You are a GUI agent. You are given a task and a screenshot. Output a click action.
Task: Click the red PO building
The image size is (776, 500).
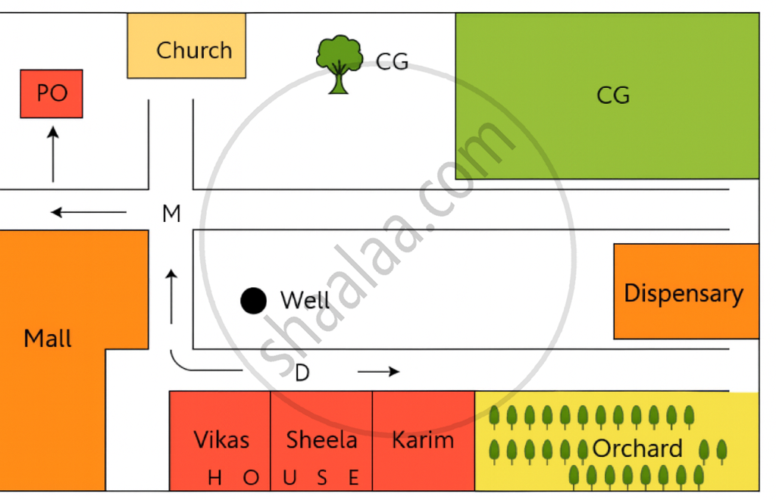pos(51,93)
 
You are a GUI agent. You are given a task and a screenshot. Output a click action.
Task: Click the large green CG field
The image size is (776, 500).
pos(606,95)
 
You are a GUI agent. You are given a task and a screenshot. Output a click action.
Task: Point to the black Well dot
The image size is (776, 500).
pos(253,301)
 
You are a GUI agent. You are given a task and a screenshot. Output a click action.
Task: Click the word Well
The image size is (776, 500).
pos(305,301)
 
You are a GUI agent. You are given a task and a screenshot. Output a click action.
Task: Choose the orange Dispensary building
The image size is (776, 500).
pos(684,292)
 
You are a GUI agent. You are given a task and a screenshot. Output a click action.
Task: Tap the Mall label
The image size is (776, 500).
pos(48,339)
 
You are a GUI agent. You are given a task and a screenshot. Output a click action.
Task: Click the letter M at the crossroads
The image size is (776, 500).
pos(171,214)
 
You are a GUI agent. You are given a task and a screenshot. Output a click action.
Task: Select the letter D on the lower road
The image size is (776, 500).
pos(302,373)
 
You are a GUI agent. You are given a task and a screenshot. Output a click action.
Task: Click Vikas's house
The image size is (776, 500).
pos(221,439)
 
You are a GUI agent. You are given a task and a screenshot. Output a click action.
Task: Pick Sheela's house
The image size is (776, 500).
pos(321,439)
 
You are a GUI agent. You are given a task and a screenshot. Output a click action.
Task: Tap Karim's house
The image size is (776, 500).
pos(423,439)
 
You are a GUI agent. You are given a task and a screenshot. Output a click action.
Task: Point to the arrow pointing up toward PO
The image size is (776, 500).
pos(52,155)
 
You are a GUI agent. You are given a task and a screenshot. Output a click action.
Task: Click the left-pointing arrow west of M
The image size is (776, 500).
pos(88,212)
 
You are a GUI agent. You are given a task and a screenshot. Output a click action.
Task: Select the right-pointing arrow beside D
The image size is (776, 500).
pos(378,372)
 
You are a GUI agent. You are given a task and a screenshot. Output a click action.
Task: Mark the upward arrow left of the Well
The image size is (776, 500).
pos(172,295)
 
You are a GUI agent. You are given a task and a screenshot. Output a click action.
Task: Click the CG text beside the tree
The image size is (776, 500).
pos(392,62)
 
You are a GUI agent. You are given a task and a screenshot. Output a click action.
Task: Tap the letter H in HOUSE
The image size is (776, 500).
pos(215,478)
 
